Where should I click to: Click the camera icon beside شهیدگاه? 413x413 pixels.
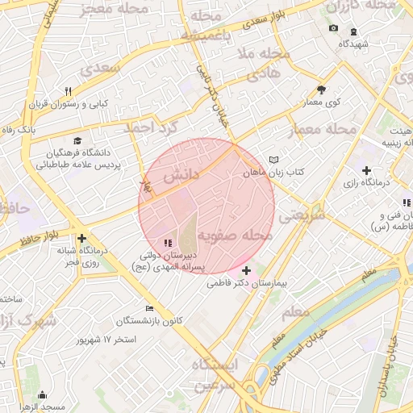click(x=333, y=29)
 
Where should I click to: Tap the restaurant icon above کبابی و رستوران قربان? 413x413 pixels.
click(x=69, y=91)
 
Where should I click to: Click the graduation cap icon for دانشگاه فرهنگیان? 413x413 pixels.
click(x=76, y=140)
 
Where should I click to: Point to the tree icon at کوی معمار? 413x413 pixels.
click(x=322, y=90)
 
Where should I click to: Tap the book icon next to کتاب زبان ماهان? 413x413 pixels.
click(x=273, y=160)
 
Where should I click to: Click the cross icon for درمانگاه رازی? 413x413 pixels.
click(x=367, y=170)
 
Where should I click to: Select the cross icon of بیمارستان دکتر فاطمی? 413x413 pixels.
click(x=246, y=270)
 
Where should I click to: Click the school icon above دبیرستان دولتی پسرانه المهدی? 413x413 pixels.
click(x=167, y=242)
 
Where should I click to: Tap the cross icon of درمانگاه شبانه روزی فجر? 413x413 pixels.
click(x=81, y=238)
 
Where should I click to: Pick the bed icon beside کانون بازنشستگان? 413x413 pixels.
click(x=149, y=308)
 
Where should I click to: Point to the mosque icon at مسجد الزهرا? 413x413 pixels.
click(x=42, y=395)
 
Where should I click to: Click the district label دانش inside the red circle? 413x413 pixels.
click(x=181, y=175)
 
